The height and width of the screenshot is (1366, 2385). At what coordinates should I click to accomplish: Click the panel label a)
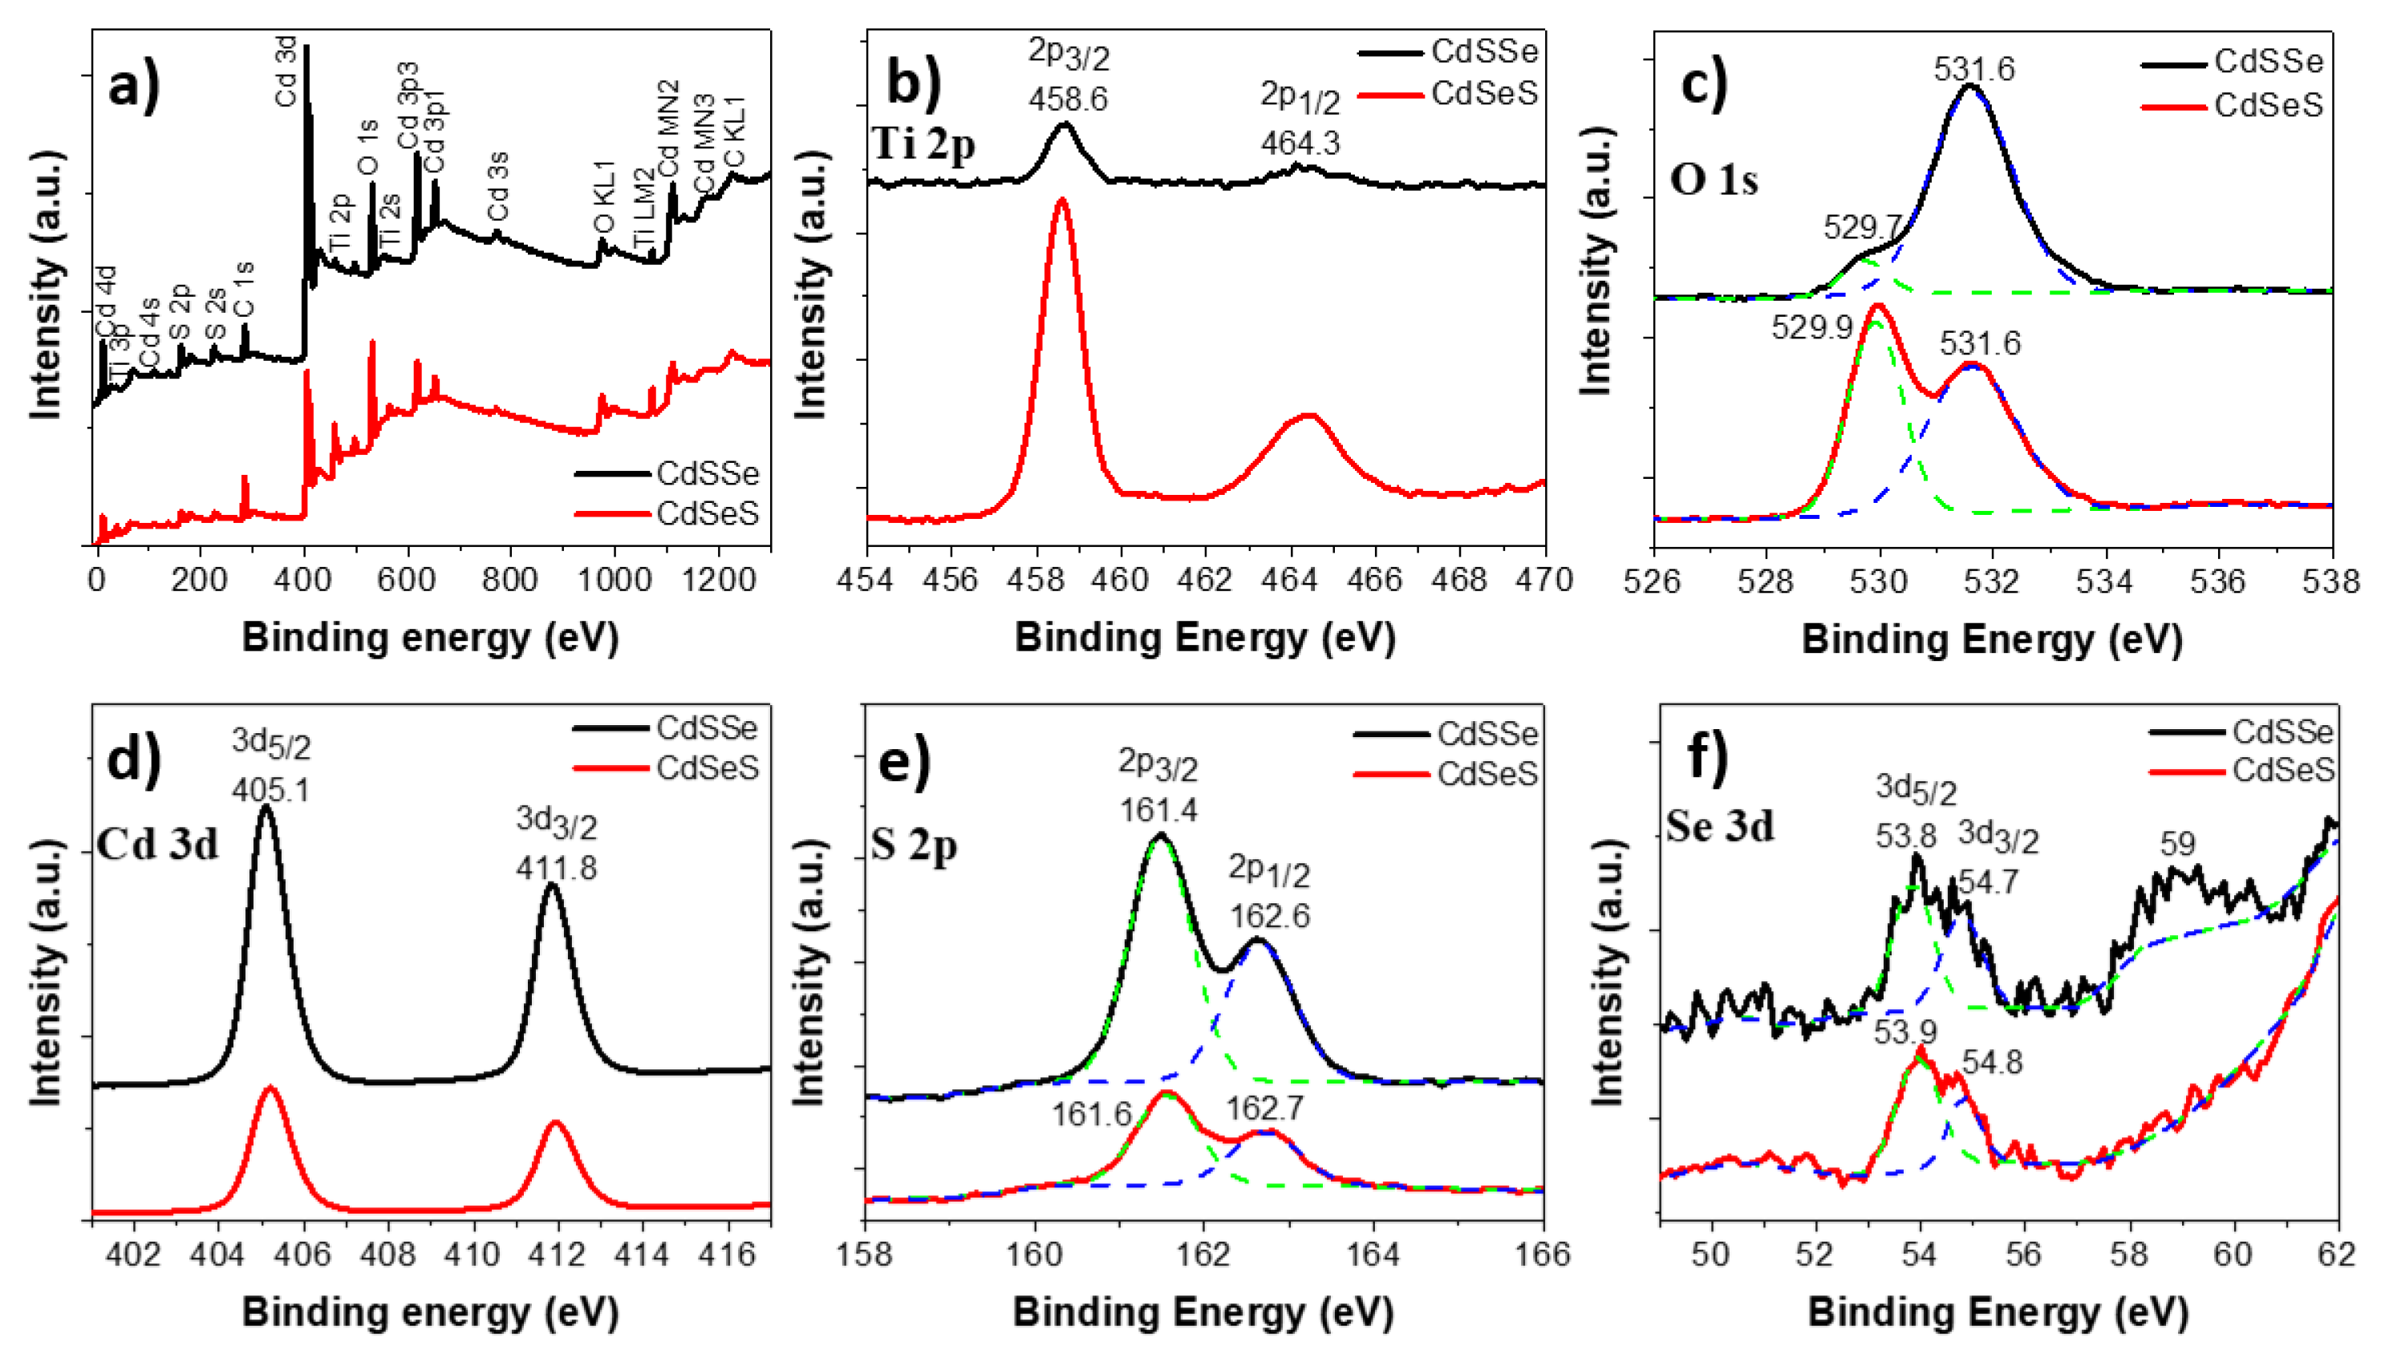[x=134, y=87]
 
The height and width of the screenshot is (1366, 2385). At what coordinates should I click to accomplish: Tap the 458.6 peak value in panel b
[x=1068, y=99]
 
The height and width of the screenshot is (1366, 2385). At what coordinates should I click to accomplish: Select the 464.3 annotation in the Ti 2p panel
[x=1300, y=144]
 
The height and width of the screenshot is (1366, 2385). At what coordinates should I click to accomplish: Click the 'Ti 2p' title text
[x=923, y=144]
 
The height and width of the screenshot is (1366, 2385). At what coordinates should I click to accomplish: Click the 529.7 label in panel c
[x=1863, y=227]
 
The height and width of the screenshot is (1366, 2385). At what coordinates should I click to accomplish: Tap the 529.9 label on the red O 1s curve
[x=1811, y=327]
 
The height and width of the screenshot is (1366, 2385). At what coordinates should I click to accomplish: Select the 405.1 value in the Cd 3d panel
[x=270, y=790]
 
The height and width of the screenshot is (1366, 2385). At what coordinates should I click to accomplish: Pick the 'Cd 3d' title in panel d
[x=156, y=845]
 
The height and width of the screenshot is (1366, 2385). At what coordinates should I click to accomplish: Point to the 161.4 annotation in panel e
[x=1158, y=809]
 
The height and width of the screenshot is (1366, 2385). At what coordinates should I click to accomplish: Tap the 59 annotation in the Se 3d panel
[x=2178, y=844]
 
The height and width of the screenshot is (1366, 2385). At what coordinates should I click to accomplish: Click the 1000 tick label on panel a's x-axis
[x=615, y=580]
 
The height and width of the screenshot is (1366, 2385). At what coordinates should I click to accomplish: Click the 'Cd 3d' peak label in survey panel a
[x=286, y=71]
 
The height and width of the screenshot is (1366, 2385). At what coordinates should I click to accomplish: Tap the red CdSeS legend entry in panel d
[x=707, y=768]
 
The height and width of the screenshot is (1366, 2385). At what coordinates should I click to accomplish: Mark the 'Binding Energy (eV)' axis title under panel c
[x=1991, y=640]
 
